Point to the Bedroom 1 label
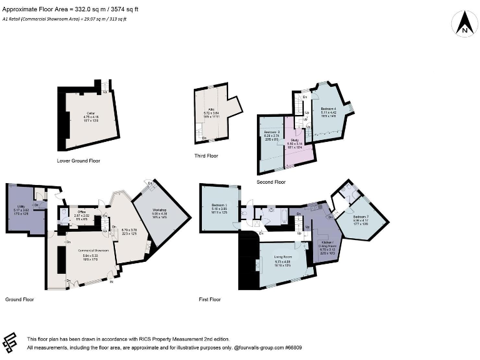point(219,206)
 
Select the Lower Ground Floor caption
point(78,161)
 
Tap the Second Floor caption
point(271,182)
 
